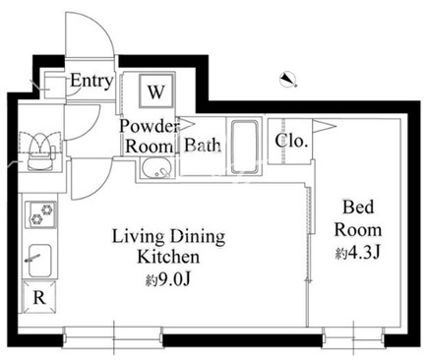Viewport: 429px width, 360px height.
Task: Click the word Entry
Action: [x=92, y=81]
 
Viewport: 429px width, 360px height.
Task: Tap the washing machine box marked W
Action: [x=156, y=90]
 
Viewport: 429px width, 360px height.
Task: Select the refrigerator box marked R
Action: [x=39, y=297]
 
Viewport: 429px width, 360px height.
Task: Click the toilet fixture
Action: [x=40, y=151]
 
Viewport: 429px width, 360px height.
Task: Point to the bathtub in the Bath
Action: [x=244, y=147]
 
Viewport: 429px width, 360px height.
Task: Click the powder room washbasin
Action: [x=157, y=168]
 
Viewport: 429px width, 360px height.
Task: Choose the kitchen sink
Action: [x=39, y=261]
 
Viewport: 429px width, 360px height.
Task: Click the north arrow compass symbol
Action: [x=288, y=80]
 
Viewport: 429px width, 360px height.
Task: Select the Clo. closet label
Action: [x=291, y=141]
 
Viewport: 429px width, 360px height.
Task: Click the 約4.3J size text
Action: [x=357, y=253]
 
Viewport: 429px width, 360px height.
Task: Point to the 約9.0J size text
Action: [x=168, y=279]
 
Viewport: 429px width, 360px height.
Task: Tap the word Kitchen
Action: [x=168, y=257]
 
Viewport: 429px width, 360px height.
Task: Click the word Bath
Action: [x=202, y=146]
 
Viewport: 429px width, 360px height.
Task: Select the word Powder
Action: [x=150, y=126]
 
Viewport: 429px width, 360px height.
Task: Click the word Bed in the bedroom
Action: [x=358, y=208]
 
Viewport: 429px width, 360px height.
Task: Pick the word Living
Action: [x=138, y=237]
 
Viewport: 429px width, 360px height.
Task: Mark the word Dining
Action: [x=198, y=237]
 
